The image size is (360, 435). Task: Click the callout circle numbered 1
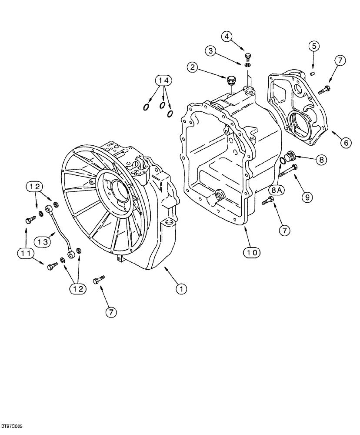(182, 288)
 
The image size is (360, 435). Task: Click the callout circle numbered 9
(307, 197)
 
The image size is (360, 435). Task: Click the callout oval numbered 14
(164, 80)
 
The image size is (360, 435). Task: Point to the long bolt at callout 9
(287, 172)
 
